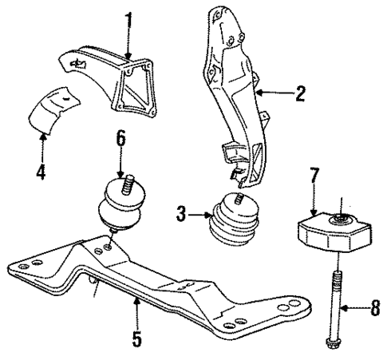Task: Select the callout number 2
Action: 300,95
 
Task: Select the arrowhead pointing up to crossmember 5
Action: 137,300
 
